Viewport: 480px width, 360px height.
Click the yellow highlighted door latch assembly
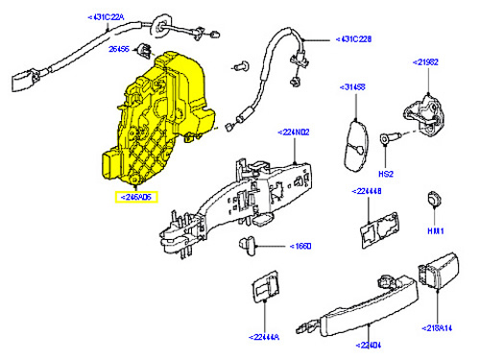pyautogui.click(x=158, y=115)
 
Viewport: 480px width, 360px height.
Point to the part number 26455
pyautogui.click(x=120, y=47)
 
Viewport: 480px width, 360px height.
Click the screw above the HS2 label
pyautogui.click(x=389, y=140)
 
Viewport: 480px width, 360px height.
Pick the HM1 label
pyautogui.click(x=436, y=231)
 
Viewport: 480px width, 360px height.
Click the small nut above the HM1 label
pyautogui.click(x=433, y=201)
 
